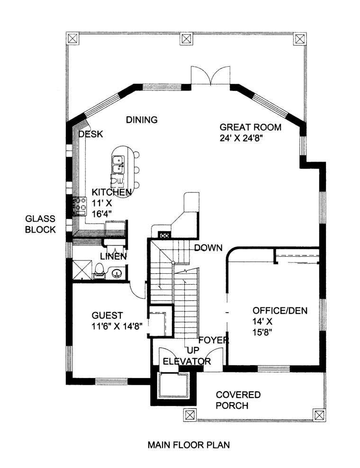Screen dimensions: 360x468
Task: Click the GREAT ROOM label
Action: [251, 127]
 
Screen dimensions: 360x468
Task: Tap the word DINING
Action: [142, 120]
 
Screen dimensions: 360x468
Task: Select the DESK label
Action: [91, 135]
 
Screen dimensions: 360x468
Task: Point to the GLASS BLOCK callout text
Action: [40, 224]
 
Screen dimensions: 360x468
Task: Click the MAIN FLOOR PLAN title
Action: [189, 445]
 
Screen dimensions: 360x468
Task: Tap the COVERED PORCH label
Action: [238, 400]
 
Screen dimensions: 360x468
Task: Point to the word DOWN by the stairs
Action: [208, 248]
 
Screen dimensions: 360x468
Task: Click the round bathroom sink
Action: [116, 273]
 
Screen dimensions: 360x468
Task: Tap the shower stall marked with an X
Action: [81, 269]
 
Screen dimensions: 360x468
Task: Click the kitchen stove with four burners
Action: [79, 206]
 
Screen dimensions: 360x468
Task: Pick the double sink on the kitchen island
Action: [118, 164]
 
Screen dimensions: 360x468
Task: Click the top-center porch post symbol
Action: [186, 39]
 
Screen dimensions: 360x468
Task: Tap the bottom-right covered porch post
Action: [319, 415]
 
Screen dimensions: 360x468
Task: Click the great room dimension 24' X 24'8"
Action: [241, 138]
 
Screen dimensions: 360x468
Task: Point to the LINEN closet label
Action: [113, 256]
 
